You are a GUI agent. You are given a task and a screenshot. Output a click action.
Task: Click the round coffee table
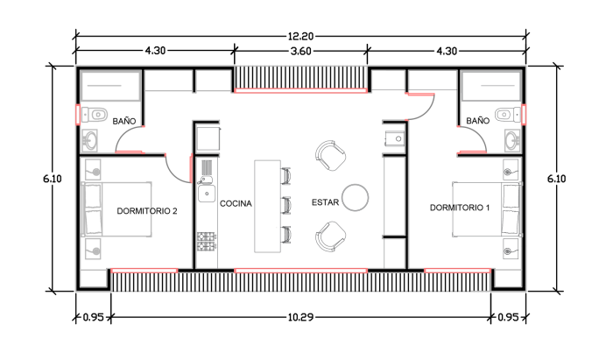[x=356, y=196]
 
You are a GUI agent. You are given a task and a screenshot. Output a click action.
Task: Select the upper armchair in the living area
[x=331, y=156]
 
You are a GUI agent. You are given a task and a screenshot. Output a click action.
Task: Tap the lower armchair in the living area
[x=331, y=235]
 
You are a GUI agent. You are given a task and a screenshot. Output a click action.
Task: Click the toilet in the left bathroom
[x=95, y=114]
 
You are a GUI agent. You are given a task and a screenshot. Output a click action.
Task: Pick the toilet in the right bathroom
[x=506, y=115]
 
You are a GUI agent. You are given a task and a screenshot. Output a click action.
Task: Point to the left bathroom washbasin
[x=90, y=139]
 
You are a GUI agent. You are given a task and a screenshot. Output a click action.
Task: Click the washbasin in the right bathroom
[x=511, y=139]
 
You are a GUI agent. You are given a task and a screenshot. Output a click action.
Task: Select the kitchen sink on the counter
[x=207, y=193]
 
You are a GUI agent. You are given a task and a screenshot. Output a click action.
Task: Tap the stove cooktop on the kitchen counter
[x=207, y=238]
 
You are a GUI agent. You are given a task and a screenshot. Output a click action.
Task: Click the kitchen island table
[x=267, y=206]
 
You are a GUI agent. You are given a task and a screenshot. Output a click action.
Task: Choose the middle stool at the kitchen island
[x=285, y=205]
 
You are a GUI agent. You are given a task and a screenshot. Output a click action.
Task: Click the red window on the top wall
[x=299, y=89]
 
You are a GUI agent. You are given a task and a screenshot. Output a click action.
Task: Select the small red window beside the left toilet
[x=78, y=115]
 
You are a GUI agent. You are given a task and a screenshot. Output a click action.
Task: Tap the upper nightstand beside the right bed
[x=511, y=170]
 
